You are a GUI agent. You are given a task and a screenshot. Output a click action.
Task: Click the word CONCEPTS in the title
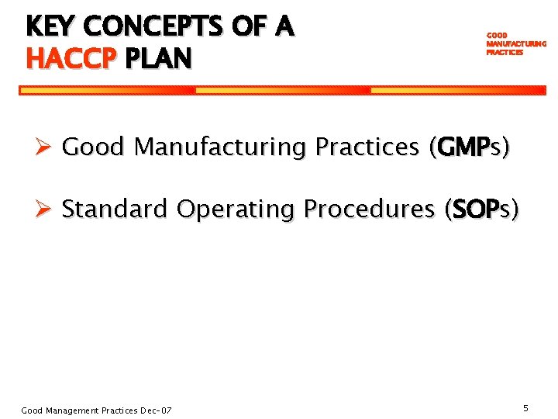click(x=153, y=27)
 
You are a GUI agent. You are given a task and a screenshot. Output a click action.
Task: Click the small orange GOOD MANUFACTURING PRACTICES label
click(x=515, y=44)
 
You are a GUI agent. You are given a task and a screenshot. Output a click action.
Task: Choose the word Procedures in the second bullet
click(x=369, y=209)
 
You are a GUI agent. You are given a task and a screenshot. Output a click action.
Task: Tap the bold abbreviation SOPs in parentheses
click(x=480, y=209)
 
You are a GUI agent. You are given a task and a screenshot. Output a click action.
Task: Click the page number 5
click(x=525, y=407)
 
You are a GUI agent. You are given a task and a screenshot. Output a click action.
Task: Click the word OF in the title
click(x=249, y=27)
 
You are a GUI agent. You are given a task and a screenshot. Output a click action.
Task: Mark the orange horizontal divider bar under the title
click(x=283, y=90)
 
